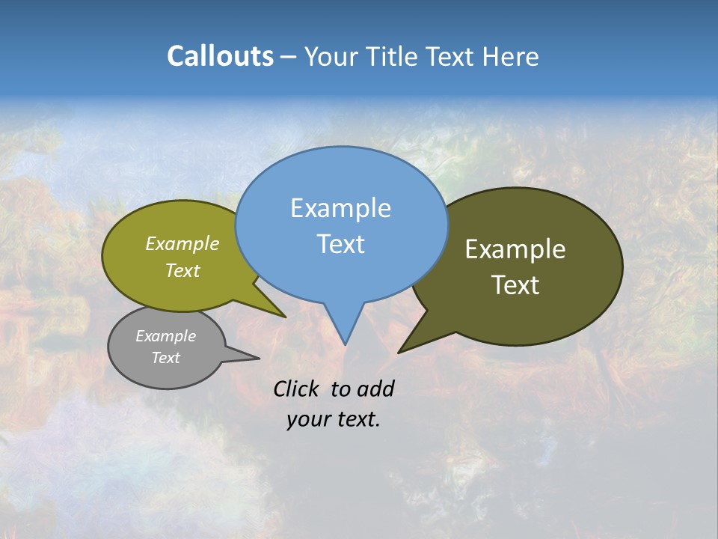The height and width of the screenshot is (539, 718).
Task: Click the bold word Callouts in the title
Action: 220,56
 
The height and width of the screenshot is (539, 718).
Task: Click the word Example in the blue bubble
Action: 340,208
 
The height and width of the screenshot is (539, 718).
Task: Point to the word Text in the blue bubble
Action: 340,244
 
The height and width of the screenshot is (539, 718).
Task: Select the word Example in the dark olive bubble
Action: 515,249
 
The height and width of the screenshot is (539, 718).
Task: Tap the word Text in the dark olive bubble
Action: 515,285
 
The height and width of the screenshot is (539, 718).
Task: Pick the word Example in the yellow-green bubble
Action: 182,243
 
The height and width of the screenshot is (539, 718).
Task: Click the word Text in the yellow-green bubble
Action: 182,270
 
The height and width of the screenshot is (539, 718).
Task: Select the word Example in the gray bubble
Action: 165,336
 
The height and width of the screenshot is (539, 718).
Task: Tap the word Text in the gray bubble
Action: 165,358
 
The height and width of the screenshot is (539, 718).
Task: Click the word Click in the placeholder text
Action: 296,389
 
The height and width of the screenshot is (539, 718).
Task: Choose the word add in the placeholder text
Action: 375,389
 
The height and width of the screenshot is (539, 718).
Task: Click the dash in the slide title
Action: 289,57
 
